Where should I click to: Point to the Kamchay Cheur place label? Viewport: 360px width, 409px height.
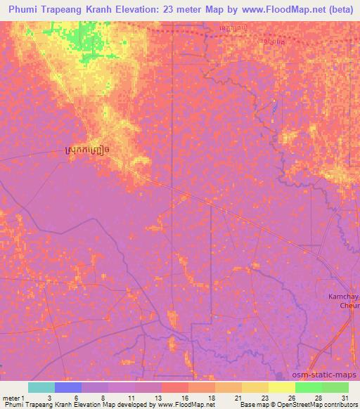click(x=345, y=301)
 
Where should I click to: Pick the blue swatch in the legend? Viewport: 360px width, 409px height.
click(x=68, y=387)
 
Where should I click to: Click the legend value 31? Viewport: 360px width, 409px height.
click(x=345, y=397)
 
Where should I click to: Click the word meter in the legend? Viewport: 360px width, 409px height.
click(x=10, y=397)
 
